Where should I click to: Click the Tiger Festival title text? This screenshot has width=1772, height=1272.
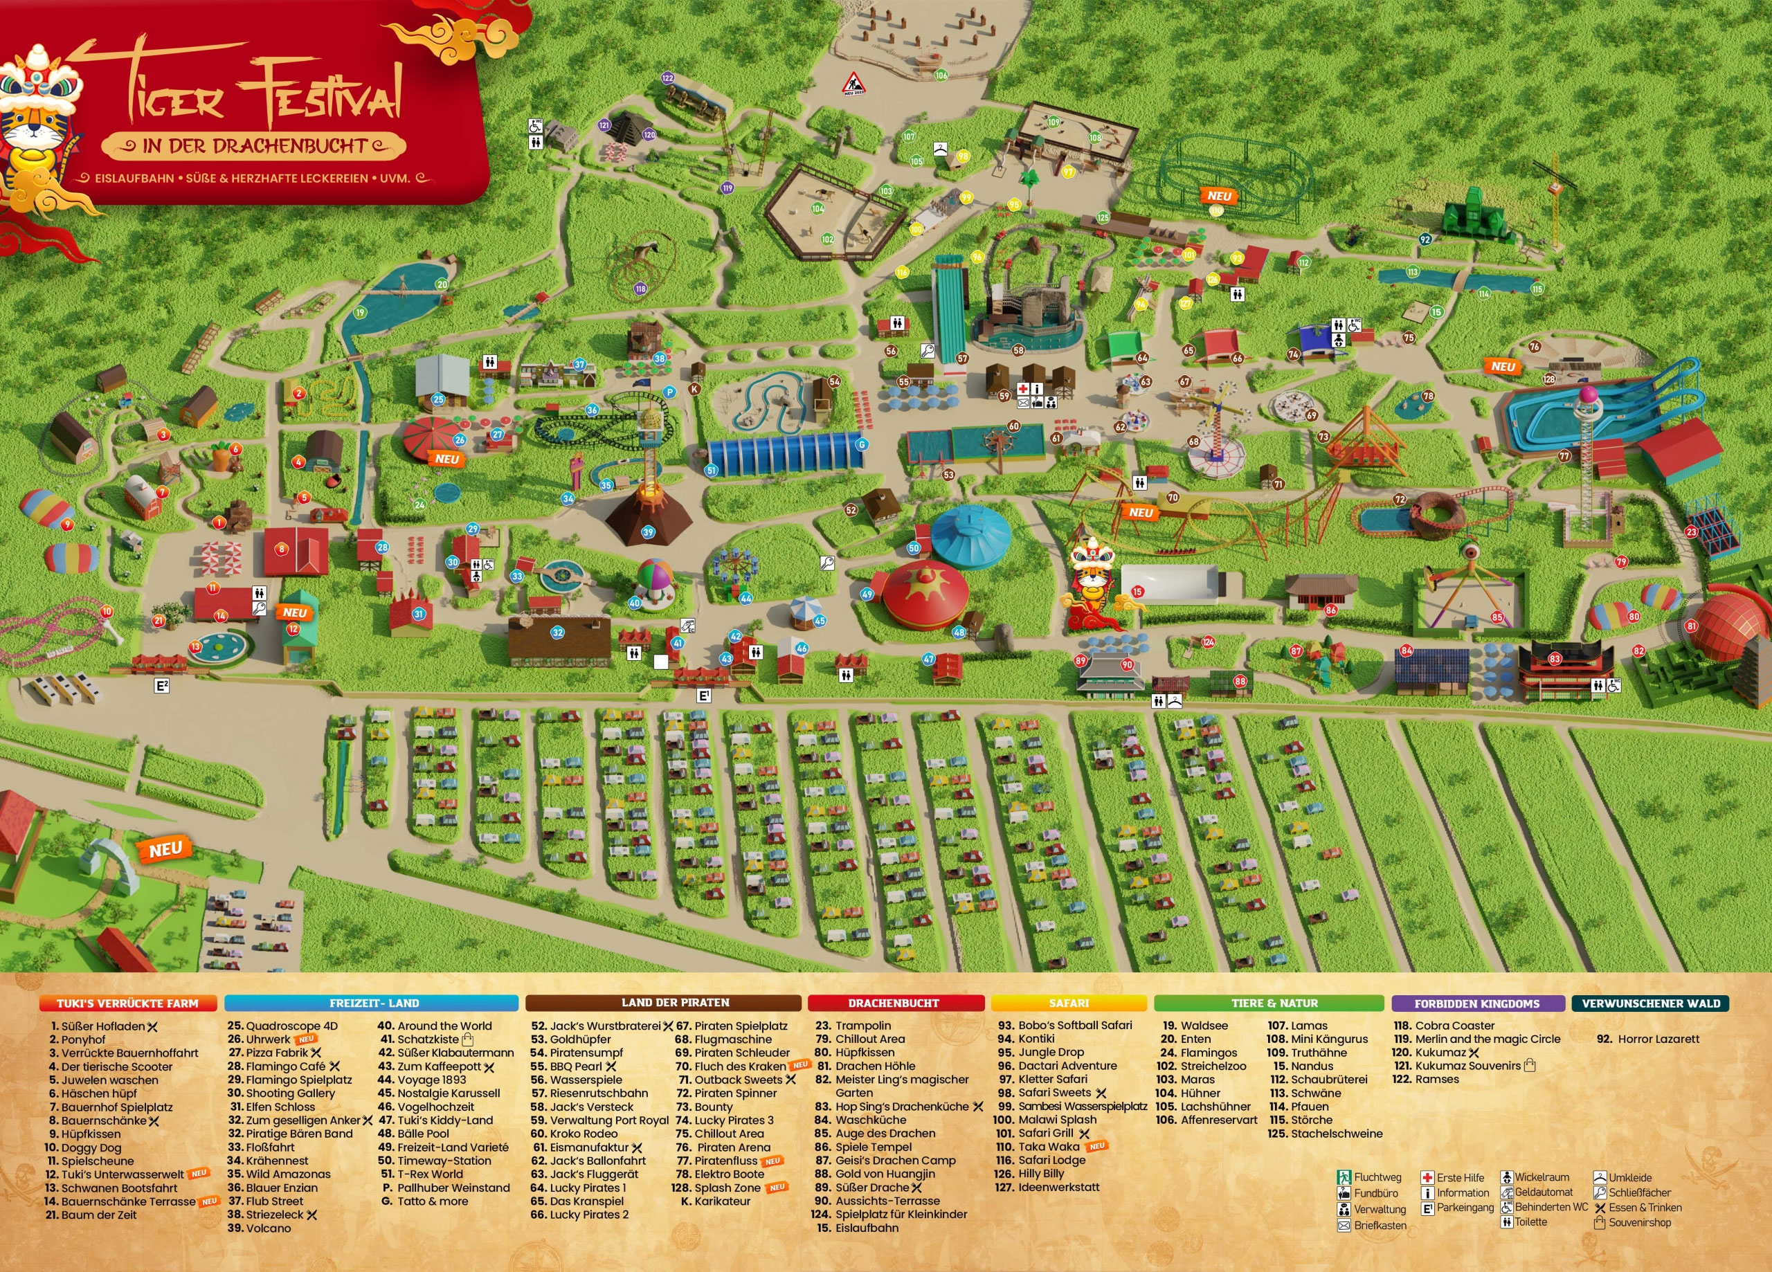pyautogui.click(x=257, y=93)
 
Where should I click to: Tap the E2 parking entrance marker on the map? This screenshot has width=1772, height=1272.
pyautogui.click(x=162, y=686)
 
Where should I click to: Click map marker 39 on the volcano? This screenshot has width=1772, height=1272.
pyautogui.click(x=648, y=533)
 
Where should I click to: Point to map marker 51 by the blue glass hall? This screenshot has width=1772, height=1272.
pyautogui.click(x=711, y=471)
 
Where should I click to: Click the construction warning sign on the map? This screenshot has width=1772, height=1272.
pyautogui.click(x=852, y=83)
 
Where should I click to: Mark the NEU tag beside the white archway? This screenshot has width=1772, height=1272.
pyautogui.click(x=165, y=849)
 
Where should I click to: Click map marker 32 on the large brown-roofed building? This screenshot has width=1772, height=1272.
pyautogui.click(x=557, y=632)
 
